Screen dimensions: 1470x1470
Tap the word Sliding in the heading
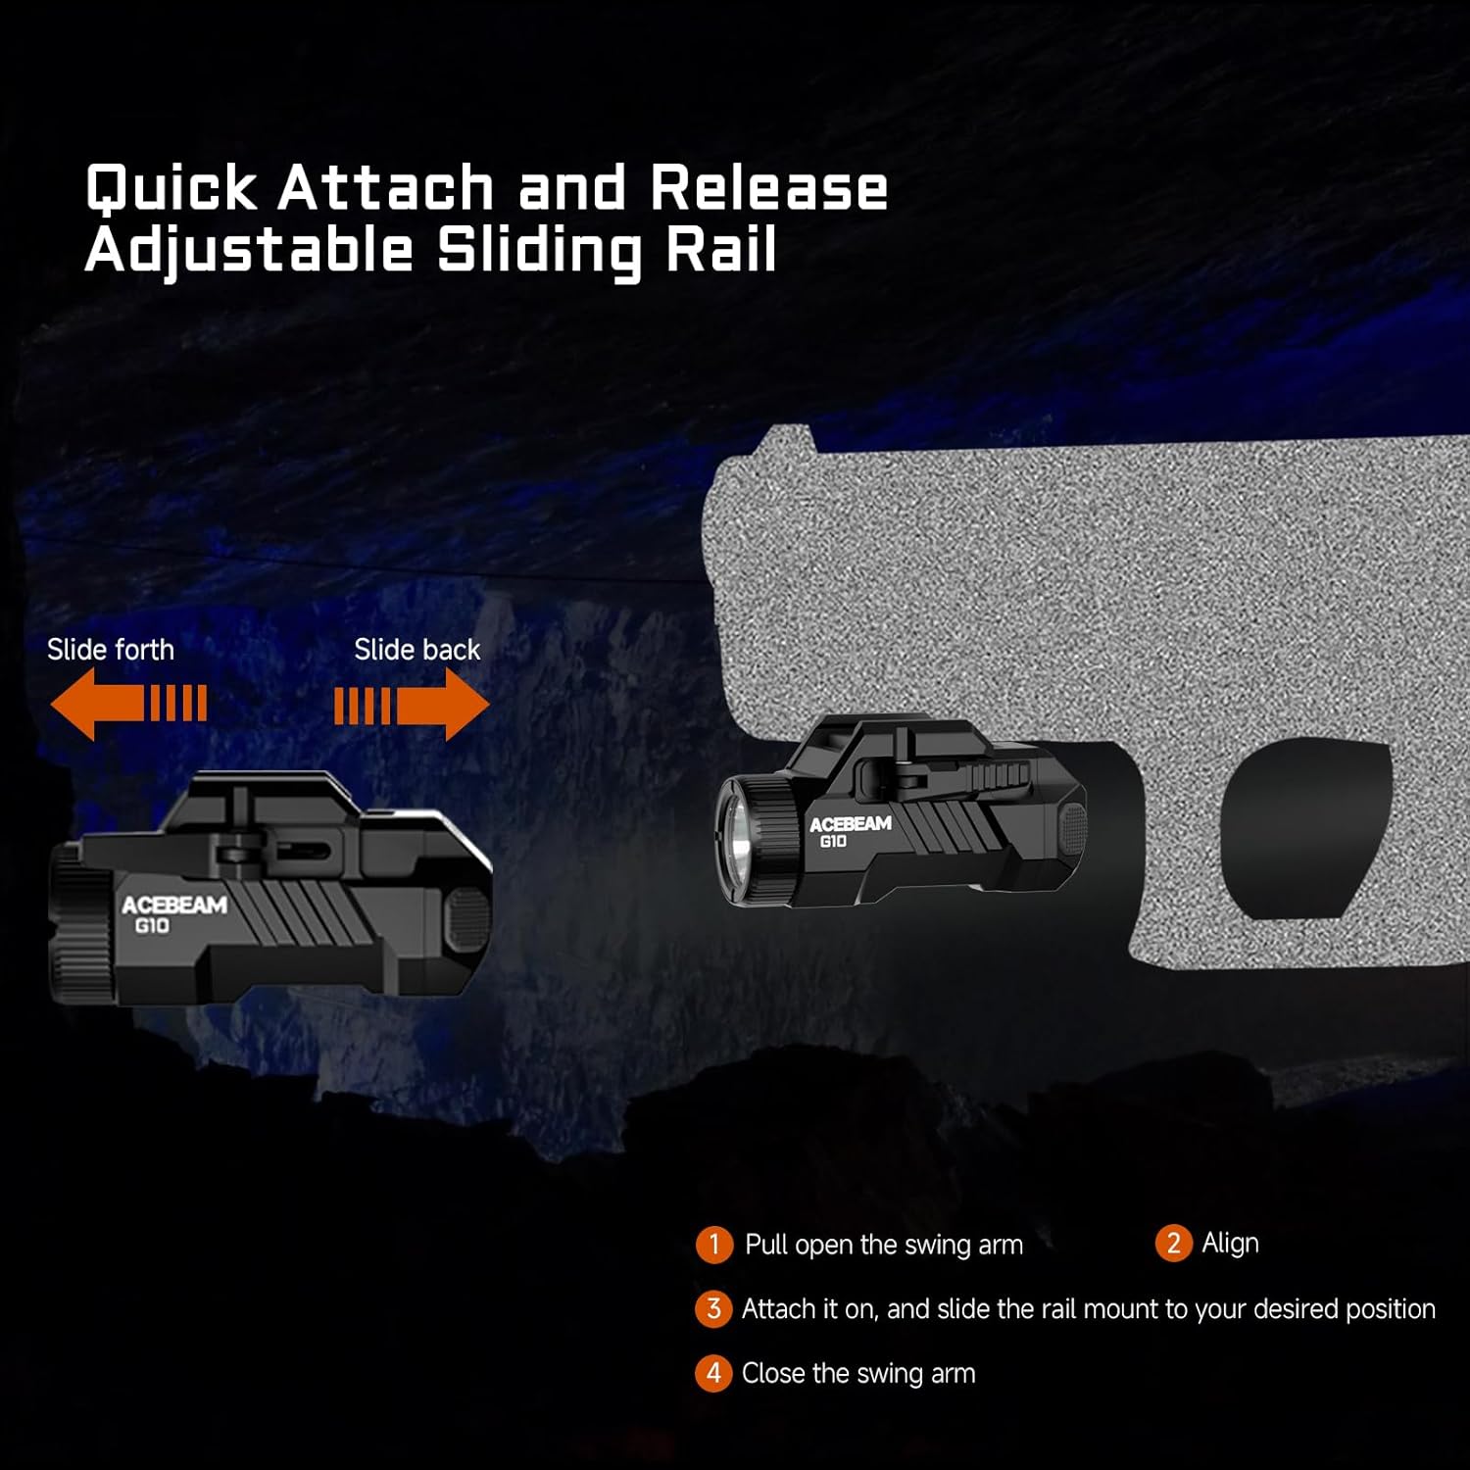pyautogui.click(x=540, y=250)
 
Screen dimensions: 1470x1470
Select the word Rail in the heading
pyautogui.click(x=721, y=250)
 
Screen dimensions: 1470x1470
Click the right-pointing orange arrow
pyautogui.click(x=413, y=704)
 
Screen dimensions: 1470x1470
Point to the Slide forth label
pyautogui.click(x=111, y=650)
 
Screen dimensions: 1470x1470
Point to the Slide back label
pyautogui.click(x=417, y=650)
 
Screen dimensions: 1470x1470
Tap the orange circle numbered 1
pyautogui.click(x=714, y=1245)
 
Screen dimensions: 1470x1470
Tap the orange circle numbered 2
pyautogui.click(x=1173, y=1244)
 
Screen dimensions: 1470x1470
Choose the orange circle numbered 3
pyautogui.click(x=713, y=1309)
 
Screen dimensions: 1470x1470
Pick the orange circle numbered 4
pyautogui.click(x=713, y=1374)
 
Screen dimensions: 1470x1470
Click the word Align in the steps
pyautogui.click(x=1230, y=1244)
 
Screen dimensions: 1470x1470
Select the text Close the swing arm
pyautogui.click(x=858, y=1374)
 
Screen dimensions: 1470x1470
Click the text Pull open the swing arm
pyautogui.click(x=884, y=1245)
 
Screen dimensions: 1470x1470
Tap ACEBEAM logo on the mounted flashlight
pyautogui.click(x=850, y=824)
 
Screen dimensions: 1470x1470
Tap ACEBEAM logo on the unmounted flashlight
pyautogui.click(x=174, y=906)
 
